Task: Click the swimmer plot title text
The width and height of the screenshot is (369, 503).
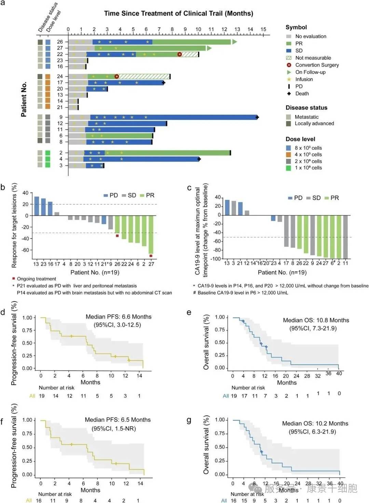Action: [178, 14]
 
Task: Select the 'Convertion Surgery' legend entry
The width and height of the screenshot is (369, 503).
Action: [317, 65]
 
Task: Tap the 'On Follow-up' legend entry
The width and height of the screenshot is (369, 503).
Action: [310, 72]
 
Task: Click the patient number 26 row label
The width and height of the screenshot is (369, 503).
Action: [60, 42]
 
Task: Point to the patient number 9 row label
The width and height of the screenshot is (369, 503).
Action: [61, 117]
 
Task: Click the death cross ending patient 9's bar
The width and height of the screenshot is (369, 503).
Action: [257, 117]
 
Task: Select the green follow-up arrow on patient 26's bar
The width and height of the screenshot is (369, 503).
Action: [234, 42]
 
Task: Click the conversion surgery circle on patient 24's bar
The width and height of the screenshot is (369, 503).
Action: [117, 77]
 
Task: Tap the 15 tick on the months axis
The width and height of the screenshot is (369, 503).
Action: [263, 29]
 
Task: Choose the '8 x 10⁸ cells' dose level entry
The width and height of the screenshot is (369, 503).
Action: [308, 148]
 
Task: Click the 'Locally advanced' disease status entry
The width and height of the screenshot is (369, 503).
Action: [314, 124]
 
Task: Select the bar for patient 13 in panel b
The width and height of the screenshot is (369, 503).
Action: [37, 206]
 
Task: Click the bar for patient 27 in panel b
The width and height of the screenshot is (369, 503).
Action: [151, 235]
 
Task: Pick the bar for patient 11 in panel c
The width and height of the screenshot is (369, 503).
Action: [345, 237]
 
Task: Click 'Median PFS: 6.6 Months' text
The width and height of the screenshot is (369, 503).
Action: [118, 317]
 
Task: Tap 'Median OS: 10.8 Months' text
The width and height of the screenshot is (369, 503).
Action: [316, 320]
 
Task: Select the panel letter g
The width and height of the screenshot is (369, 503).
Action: [189, 420]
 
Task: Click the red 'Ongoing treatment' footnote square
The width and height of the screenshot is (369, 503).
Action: [14, 279]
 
